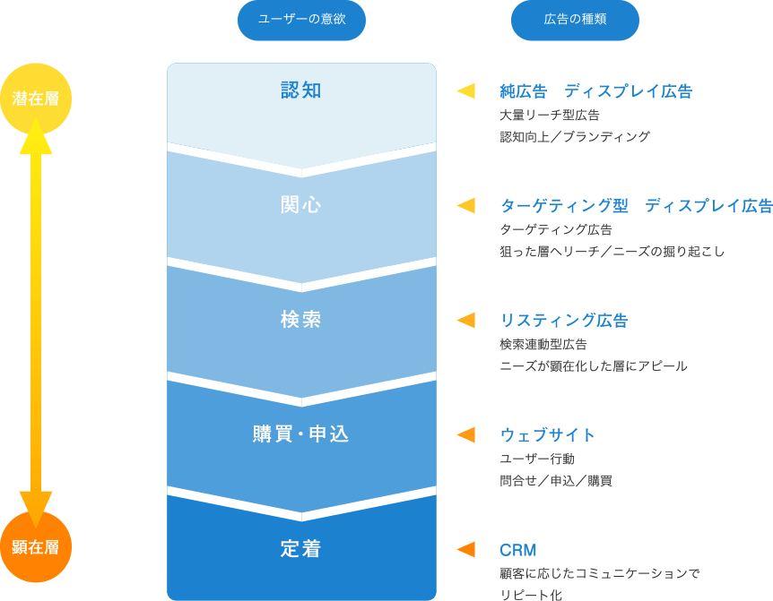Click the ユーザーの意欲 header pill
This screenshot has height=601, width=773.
(x=301, y=20)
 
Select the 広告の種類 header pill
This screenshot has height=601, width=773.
(x=575, y=20)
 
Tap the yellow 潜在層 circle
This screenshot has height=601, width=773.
(x=36, y=99)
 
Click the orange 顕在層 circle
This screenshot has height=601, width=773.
(x=36, y=547)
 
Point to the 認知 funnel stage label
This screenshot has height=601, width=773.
(x=301, y=90)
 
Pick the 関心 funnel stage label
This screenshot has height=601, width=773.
(x=301, y=205)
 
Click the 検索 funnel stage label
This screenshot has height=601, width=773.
(x=301, y=320)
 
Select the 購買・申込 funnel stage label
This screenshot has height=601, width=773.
(x=301, y=434)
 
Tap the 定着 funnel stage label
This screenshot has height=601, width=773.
(x=301, y=549)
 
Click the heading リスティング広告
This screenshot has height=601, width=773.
(x=564, y=321)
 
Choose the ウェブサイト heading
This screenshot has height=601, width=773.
(x=547, y=435)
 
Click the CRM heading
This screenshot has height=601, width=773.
(x=517, y=550)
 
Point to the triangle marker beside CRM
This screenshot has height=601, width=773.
(x=466, y=549)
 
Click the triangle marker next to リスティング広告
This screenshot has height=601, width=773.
(x=466, y=320)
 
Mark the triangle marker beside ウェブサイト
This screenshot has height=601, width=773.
(x=466, y=434)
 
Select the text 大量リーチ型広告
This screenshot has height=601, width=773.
(x=550, y=116)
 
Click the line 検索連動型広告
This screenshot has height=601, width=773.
(x=543, y=345)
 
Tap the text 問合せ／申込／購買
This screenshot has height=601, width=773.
(x=556, y=481)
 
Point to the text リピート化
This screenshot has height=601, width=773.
(x=531, y=595)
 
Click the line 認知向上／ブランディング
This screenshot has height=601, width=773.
(x=575, y=137)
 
